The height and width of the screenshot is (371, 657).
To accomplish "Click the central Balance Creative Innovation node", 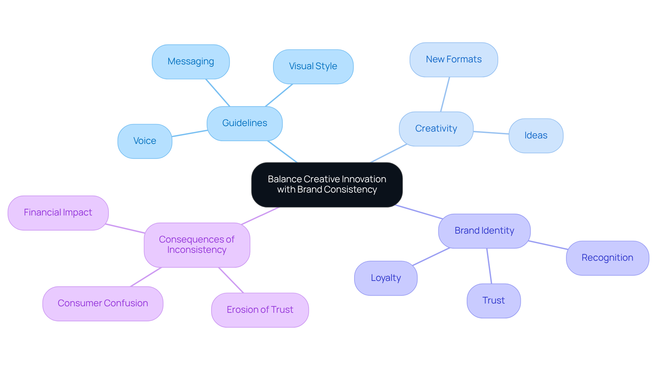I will click(x=327, y=185).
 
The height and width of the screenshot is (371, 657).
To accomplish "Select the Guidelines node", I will click(x=245, y=123).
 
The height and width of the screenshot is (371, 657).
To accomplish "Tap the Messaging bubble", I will click(x=191, y=62).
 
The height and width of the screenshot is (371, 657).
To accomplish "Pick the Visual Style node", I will click(x=313, y=66).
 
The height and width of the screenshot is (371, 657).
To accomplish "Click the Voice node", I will click(x=145, y=141).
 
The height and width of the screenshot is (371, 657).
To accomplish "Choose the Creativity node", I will click(x=436, y=129).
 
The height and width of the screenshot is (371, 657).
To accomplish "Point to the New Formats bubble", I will click(x=454, y=60).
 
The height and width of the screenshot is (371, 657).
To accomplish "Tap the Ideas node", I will click(x=536, y=136).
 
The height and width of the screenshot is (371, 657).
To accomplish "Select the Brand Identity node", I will click(x=484, y=231).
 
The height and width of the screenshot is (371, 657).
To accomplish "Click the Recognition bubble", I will click(x=607, y=258).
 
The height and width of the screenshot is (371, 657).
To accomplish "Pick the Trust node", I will click(x=493, y=301).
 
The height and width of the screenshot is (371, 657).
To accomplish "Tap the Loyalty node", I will click(x=386, y=278).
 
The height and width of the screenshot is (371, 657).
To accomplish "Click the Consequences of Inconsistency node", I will click(x=197, y=245).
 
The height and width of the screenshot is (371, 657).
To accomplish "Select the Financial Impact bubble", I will click(x=58, y=213).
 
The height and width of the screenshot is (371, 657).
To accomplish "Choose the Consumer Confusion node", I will click(x=103, y=304).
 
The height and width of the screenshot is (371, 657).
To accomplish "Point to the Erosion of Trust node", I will click(x=260, y=310).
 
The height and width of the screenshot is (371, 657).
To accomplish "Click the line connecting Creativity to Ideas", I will click(x=491, y=133).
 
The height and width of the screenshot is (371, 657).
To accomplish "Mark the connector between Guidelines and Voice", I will click(x=190, y=133).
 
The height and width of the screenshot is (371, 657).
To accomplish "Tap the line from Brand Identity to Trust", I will click(x=489, y=266).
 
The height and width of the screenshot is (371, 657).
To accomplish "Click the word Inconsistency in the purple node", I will click(x=197, y=250).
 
